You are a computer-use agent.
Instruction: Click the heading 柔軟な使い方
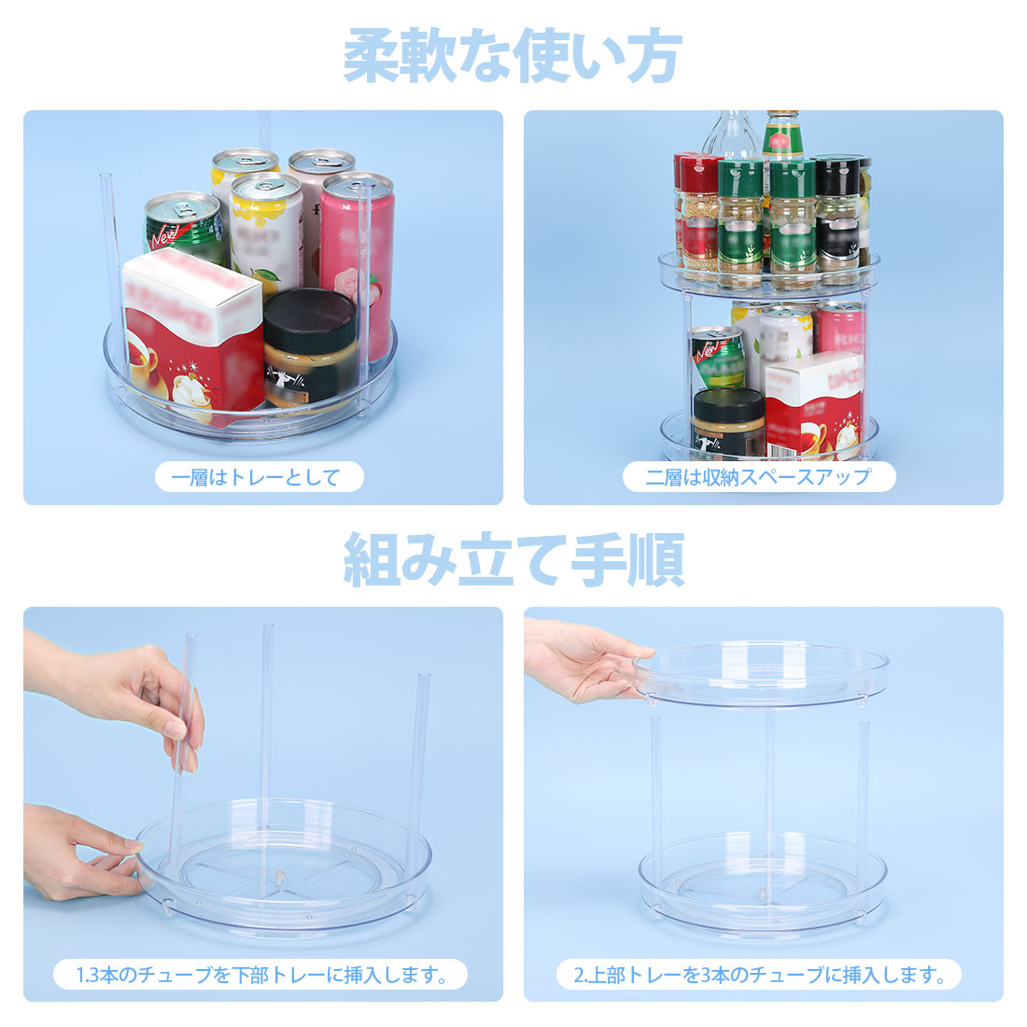[x=513, y=56]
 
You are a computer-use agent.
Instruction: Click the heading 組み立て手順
[x=513, y=560]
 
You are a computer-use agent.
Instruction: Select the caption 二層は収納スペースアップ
[x=758, y=477]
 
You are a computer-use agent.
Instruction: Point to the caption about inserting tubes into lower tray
[x=261, y=975]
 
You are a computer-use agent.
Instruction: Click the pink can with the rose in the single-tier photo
[x=357, y=262]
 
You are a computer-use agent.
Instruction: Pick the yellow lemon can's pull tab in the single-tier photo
[x=266, y=186]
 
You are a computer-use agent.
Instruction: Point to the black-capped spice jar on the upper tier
[x=837, y=213]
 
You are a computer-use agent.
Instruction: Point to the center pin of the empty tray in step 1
[x=280, y=875]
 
